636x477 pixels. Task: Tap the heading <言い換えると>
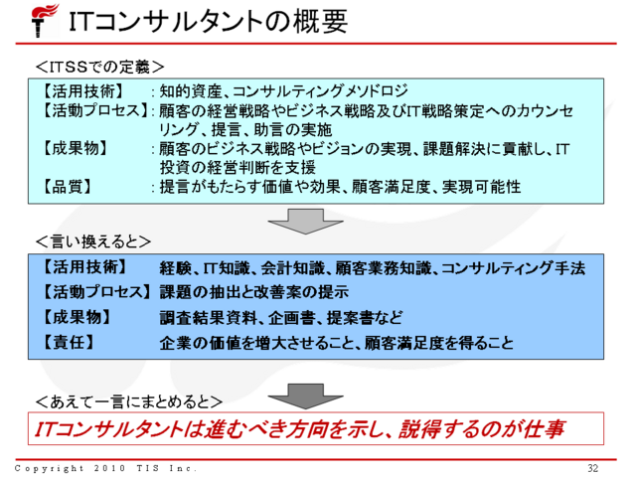click(x=92, y=241)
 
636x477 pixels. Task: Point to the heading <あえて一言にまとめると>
click(x=128, y=401)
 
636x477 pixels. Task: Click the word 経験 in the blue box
click(x=176, y=268)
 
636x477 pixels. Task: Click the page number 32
click(x=593, y=468)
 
